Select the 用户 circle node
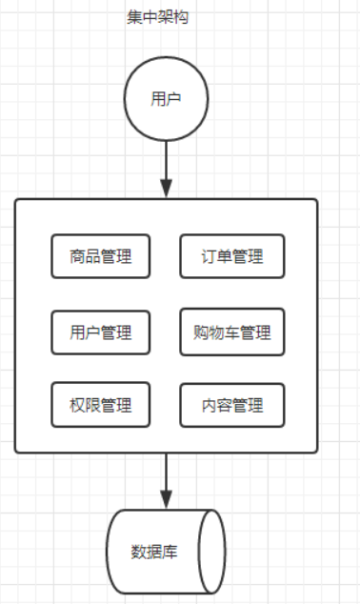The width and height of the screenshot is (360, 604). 166,99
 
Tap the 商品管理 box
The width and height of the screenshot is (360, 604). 100,256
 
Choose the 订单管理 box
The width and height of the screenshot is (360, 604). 231,256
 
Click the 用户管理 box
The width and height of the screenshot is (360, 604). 100,332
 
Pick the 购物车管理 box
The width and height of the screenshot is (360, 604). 231,332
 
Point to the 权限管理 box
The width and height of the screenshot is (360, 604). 100,405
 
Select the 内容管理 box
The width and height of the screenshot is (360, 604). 231,405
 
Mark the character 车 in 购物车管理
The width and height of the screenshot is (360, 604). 225,333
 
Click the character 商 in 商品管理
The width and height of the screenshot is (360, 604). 77,256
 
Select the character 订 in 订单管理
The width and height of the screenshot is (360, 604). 209,256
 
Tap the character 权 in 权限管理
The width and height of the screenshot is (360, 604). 77,405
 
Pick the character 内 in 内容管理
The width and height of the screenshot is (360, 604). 209,405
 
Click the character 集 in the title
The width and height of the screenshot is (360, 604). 134,17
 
